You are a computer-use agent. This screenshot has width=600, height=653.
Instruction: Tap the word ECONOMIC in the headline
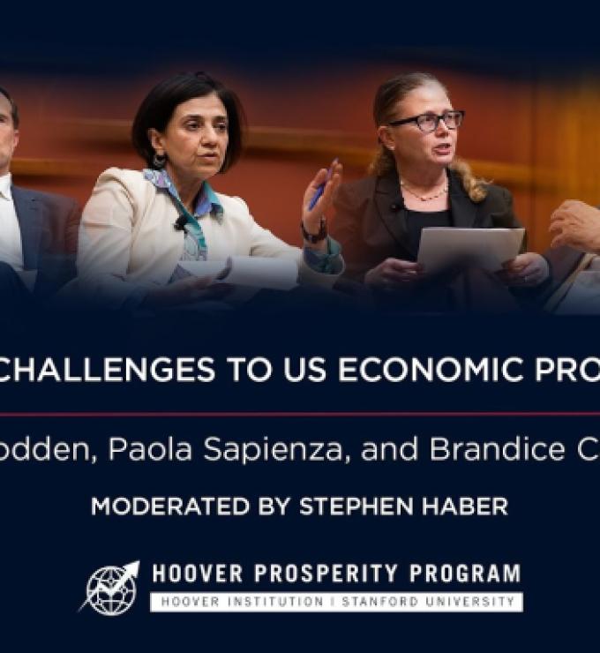426,370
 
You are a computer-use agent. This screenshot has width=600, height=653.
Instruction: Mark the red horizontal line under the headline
300,413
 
